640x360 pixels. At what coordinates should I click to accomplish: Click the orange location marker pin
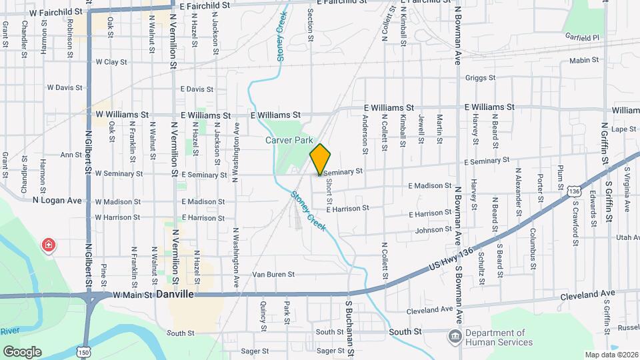[x=320, y=159]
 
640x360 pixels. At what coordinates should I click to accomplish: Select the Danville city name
[x=174, y=294]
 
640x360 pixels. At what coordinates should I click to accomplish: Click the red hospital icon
[x=48, y=245]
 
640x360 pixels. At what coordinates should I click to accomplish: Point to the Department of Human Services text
[x=499, y=337]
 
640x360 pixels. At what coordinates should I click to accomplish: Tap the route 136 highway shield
[x=574, y=191]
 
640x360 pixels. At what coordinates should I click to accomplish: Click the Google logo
[x=22, y=351]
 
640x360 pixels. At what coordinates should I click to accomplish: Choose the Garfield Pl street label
[x=581, y=37]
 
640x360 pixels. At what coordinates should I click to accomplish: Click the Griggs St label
[x=481, y=78]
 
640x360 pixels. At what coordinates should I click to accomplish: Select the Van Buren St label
[x=273, y=275]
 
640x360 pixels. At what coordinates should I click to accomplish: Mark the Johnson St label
[x=433, y=230]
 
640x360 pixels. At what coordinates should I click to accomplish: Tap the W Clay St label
[x=111, y=62]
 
